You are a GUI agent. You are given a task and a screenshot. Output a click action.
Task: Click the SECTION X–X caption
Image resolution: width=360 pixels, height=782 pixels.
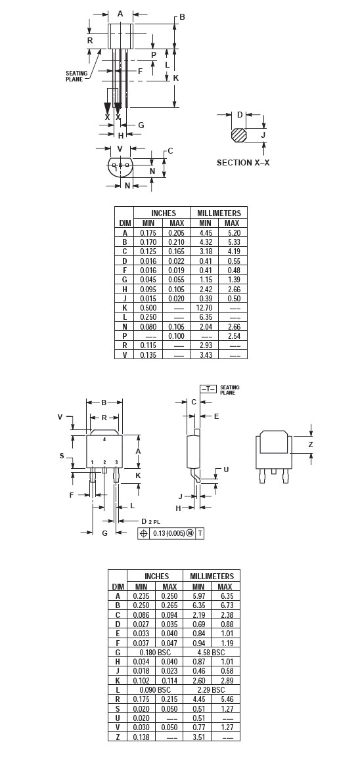(x=243, y=163)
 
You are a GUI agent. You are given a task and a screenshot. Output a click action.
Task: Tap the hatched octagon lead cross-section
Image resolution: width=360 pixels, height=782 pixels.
(x=238, y=135)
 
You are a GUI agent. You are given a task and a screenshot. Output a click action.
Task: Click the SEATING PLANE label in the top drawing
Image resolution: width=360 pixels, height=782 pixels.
(x=76, y=76)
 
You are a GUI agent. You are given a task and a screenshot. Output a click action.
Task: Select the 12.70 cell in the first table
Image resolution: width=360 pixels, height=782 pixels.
(x=205, y=308)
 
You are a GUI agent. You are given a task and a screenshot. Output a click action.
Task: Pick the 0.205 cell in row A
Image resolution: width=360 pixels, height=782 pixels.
(x=176, y=232)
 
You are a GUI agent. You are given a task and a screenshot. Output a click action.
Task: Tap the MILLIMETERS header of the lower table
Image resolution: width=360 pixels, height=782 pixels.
(x=212, y=576)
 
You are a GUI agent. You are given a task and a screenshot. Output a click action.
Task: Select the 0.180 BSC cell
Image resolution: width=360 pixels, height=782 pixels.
(x=155, y=652)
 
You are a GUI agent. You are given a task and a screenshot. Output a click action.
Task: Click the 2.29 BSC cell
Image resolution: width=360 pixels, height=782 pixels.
(x=212, y=689)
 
